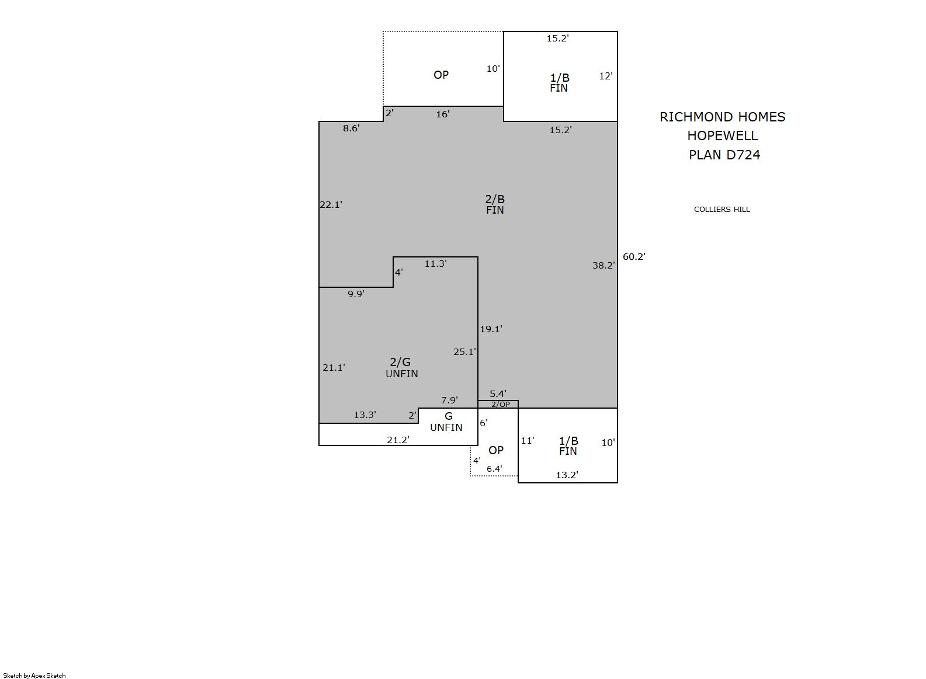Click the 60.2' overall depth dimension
(634, 256)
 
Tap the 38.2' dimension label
(604, 265)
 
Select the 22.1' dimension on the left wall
(331, 204)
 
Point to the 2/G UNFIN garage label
(401, 368)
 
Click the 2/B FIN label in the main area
(495, 204)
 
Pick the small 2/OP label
(500, 405)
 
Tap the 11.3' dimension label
(435, 263)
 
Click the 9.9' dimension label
(356, 294)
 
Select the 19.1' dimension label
(491, 329)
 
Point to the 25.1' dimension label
(464, 352)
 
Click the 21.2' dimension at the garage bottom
(398, 440)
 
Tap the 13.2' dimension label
(566, 475)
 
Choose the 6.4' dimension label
(494, 469)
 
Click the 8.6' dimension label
(351, 128)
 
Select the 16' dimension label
(443, 114)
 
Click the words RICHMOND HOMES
(722, 117)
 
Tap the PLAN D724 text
(724, 155)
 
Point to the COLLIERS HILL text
(722, 210)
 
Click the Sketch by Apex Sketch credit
(34, 675)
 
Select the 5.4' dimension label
(498, 394)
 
